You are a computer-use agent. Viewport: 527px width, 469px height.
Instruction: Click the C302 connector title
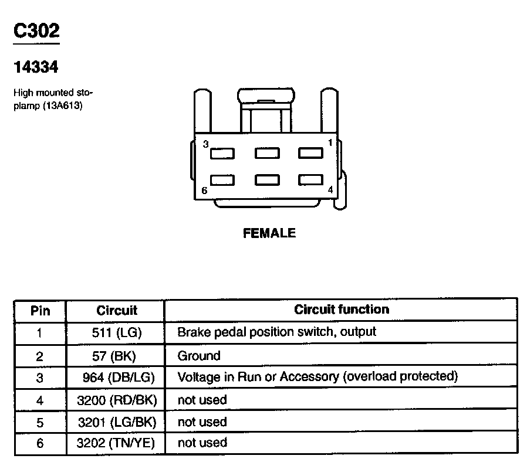pyautogui.click(x=36, y=32)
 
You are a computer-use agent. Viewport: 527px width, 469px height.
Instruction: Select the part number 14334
pyautogui.click(x=36, y=67)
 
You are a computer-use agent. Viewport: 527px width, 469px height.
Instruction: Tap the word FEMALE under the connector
pyautogui.click(x=269, y=233)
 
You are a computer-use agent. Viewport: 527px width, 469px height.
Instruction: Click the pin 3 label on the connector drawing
pyautogui.click(x=205, y=144)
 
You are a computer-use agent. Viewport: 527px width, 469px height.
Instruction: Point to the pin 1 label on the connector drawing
pyautogui.click(x=330, y=142)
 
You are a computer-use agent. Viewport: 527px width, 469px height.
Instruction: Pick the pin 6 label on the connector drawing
pyautogui.click(x=204, y=190)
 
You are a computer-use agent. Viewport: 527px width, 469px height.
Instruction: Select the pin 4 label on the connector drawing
pyautogui.click(x=330, y=189)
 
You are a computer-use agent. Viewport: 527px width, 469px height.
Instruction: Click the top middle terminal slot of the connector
pyautogui.click(x=267, y=153)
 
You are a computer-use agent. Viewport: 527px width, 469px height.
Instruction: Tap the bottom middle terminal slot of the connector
pyautogui.click(x=267, y=180)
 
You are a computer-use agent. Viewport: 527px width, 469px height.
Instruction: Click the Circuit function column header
pyautogui.click(x=342, y=309)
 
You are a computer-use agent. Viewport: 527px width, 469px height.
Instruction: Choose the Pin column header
pyautogui.click(x=40, y=310)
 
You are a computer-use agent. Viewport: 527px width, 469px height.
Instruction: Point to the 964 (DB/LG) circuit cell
pyautogui.click(x=116, y=378)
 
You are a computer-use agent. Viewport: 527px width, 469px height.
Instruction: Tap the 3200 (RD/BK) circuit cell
pyautogui.click(x=116, y=400)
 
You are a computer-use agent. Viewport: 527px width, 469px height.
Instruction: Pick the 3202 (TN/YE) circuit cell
pyautogui.click(x=116, y=443)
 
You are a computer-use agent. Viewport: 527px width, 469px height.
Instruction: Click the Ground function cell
pyautogui.click(x=199, y=355)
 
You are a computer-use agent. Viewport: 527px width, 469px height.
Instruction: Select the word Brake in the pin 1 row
pyautogui.click(x=192, y=332)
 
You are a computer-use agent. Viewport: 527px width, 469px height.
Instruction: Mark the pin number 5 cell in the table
pyautogui.click(x=40, y=422)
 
